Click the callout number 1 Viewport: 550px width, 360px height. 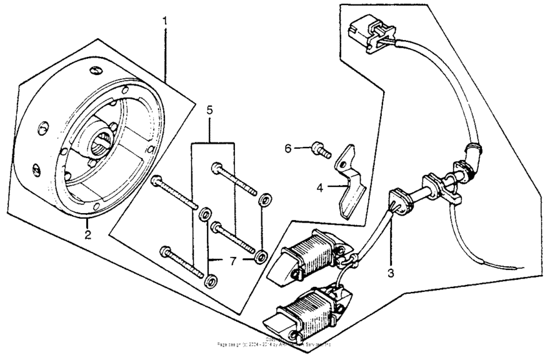pos(165,21)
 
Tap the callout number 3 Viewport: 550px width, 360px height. pos(390,274)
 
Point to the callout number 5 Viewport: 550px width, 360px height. pos(210,110)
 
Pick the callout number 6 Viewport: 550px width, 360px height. pos(289,148)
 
